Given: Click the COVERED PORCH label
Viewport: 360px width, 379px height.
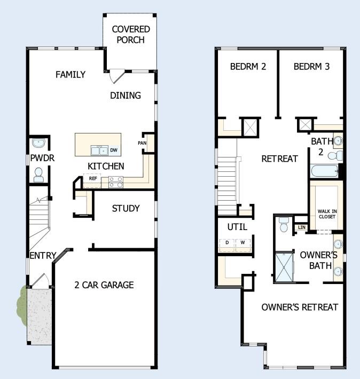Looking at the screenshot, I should click(131, 34).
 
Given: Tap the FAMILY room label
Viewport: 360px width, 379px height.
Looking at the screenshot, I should click(70, 75).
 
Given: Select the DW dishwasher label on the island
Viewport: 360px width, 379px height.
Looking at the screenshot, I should click(113, 150).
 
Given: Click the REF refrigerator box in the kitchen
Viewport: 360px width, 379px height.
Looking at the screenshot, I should click(92, 178).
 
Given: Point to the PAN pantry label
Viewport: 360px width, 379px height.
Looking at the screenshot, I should click(142, 143).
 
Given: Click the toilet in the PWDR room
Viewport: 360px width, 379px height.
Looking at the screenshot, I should click(38, 175).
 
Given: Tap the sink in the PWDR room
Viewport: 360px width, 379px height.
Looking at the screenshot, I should click(38, 143).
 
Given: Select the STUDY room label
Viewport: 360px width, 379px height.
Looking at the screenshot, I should click(126, 208).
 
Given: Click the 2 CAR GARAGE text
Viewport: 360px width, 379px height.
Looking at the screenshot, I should click(104, 285).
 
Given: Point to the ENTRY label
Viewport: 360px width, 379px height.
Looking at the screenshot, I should click(42, 256).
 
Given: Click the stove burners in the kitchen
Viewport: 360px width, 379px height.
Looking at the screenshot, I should click(116, 182).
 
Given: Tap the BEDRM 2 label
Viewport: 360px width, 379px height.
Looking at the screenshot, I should click(248, 67).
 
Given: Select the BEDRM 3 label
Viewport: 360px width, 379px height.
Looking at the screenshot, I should click(311, 67).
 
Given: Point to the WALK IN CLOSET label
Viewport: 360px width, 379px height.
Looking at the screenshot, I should click(327, 214).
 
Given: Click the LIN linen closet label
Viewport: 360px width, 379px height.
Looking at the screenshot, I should click(301, 227).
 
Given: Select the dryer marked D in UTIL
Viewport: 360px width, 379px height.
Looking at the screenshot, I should click(226, 243).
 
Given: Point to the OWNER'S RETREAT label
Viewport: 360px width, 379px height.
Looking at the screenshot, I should click(299, 307).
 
